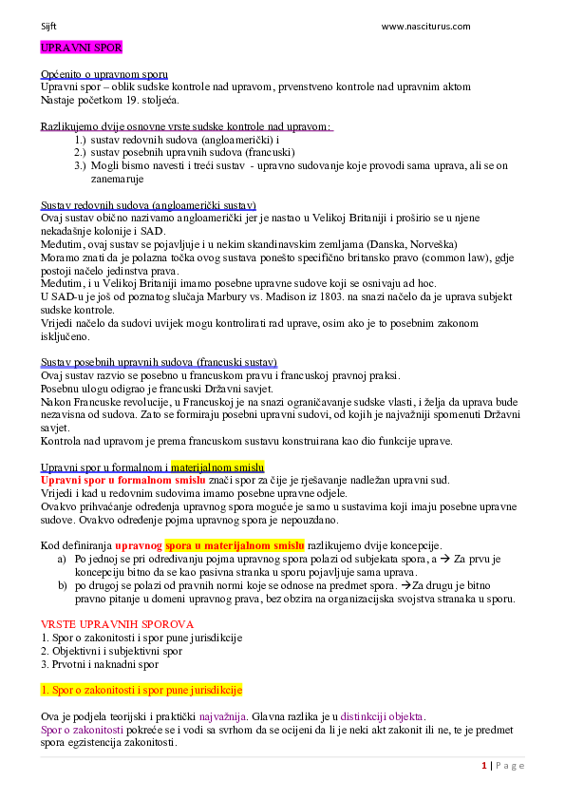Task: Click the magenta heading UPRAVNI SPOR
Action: [81, 47]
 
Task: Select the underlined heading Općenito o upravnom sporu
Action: [104, 74]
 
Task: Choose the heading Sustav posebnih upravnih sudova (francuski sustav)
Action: [159, 362]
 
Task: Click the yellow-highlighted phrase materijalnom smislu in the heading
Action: [217, 467]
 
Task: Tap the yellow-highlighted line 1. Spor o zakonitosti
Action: [141, 689]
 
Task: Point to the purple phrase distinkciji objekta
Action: [383, 716]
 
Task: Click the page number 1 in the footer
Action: [484, 766]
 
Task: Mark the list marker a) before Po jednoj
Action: [62, 560]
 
